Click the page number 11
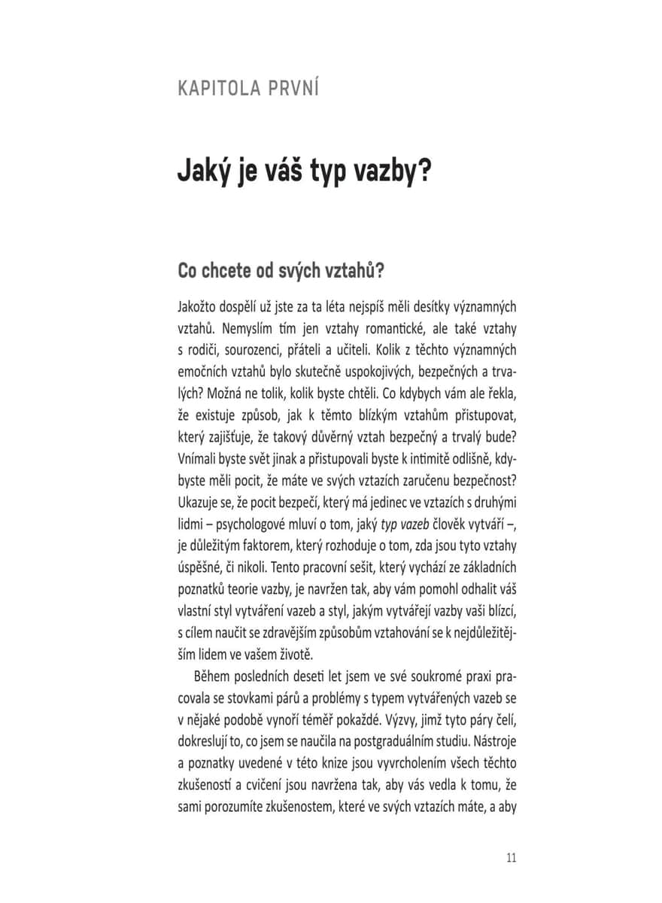[512, 858]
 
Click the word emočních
[204, 372]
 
